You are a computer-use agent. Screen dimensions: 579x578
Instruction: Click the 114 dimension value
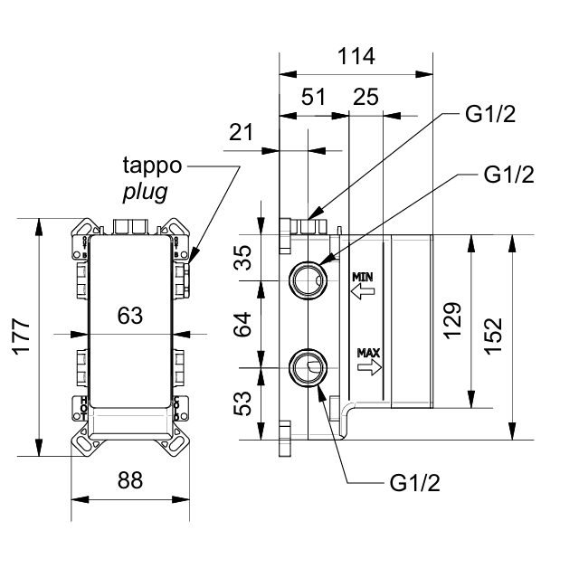point(356,56)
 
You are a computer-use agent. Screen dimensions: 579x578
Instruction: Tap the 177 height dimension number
point(22,336)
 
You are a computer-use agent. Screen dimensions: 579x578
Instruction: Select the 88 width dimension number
point(130,480)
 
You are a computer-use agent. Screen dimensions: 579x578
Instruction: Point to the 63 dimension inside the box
point(130,316)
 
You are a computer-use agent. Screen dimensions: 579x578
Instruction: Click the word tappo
point(152,165)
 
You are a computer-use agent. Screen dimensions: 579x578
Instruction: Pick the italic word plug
point(145,192)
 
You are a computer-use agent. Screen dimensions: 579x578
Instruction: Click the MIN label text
point(362,277)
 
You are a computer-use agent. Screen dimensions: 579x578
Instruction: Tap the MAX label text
point(368,353)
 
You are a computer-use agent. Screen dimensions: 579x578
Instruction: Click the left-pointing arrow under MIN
point(363,291)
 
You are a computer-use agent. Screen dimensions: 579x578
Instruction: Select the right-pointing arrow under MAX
point(369,367)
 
